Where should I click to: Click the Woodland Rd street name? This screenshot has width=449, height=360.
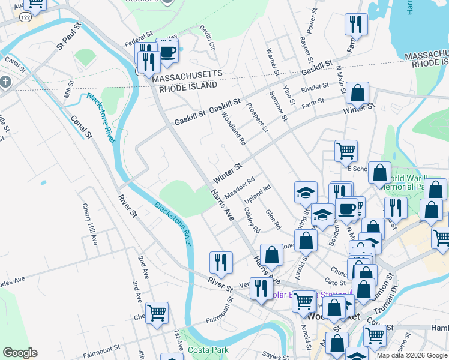tap(234, 128)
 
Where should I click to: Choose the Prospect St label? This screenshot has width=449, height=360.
tap(257, 117)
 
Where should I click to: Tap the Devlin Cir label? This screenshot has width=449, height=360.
tap(208, 37)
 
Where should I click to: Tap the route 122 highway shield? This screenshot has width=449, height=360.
tap(25, 18)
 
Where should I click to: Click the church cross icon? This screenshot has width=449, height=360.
tap(5, 81)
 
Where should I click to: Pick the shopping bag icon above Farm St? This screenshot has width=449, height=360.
tap(357, 93)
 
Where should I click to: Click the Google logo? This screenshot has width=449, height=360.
tap(20, 353)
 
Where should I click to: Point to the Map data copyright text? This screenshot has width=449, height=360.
tap(412, 355)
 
